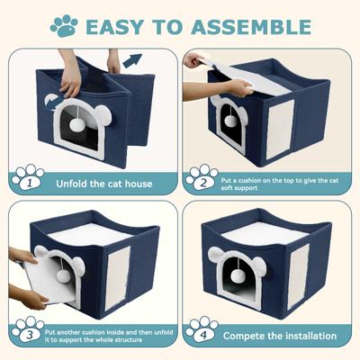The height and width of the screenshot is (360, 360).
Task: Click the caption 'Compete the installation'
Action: click(x=279, y=336)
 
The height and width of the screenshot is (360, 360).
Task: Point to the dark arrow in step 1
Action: click(x=132, y=62)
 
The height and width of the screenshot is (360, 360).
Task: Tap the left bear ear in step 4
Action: click(x=216, y=255)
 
